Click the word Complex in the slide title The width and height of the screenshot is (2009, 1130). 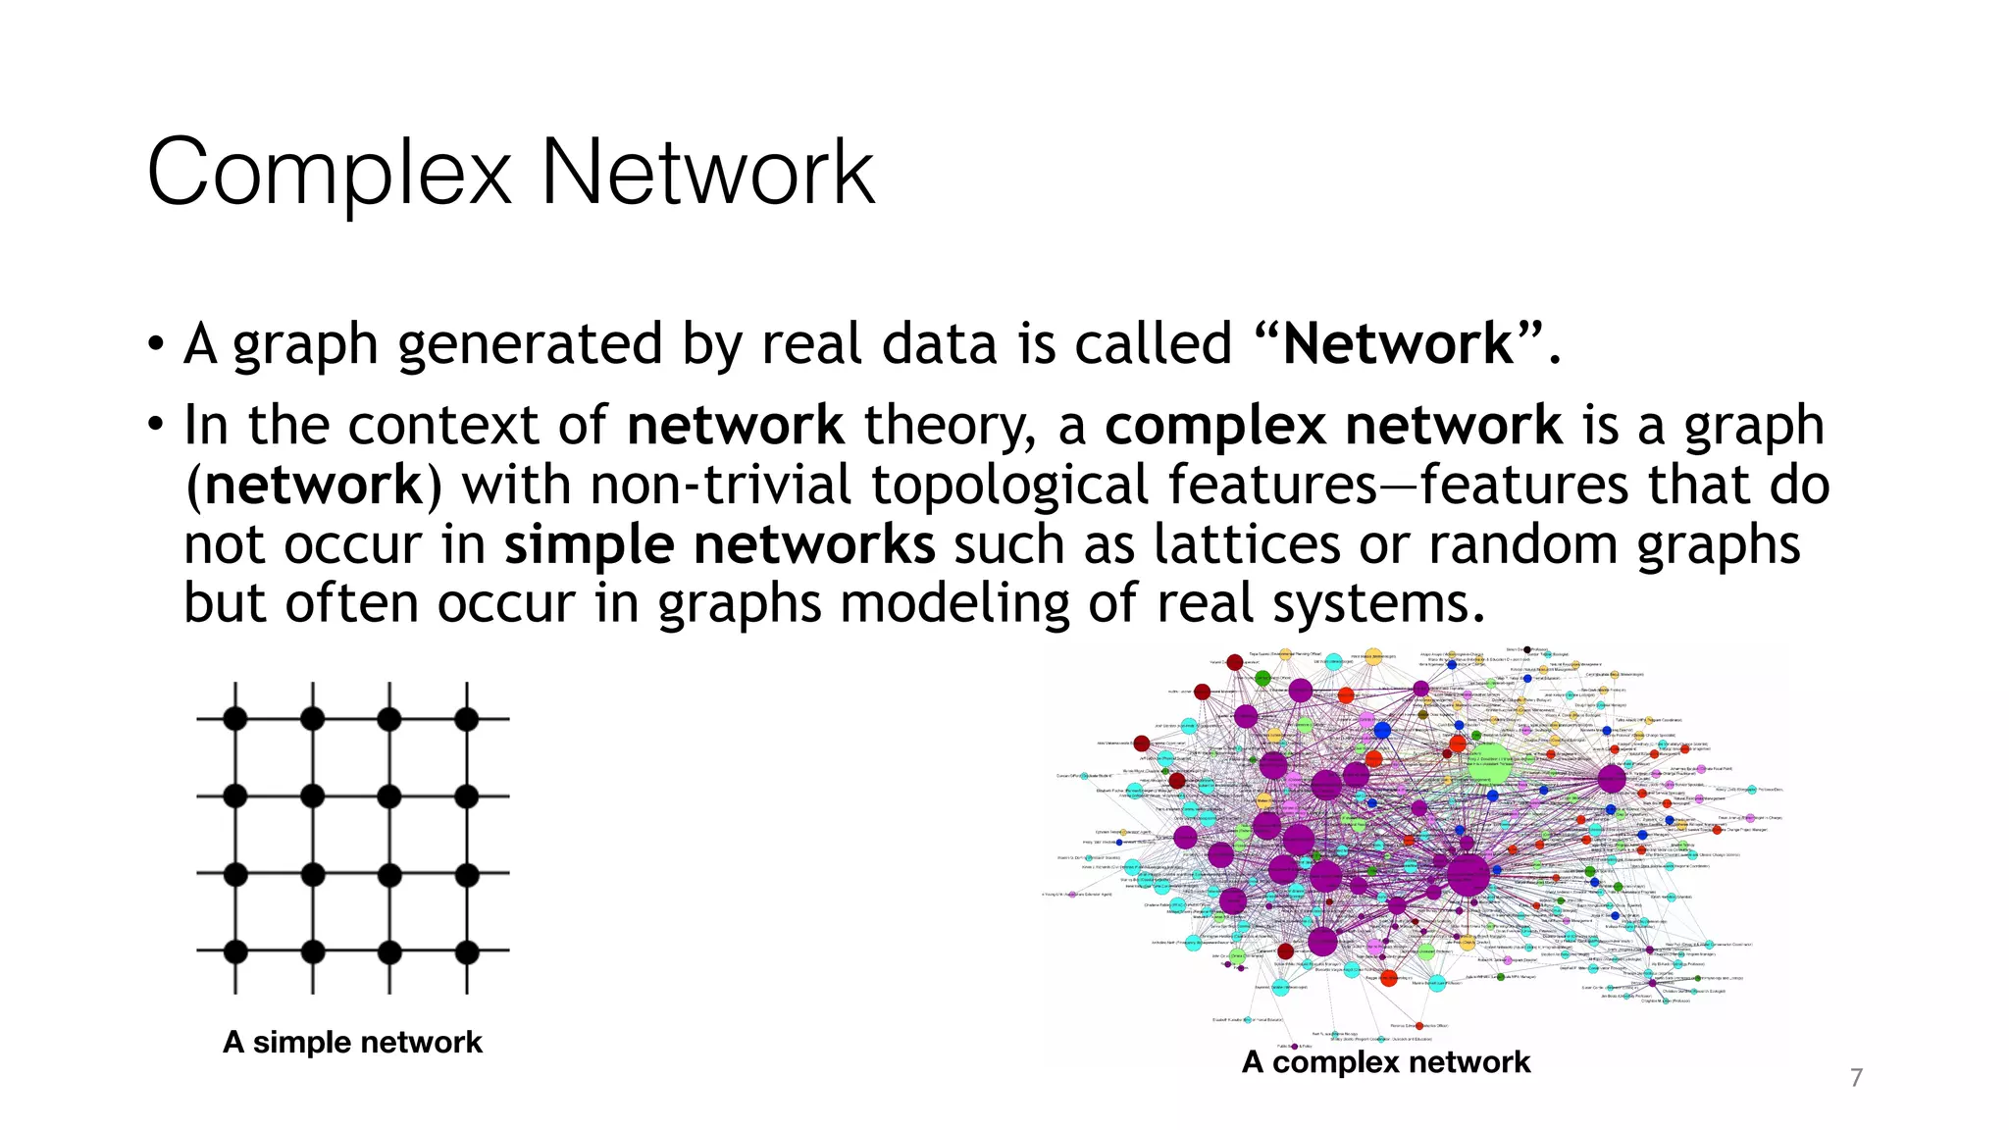(x=329, y=174)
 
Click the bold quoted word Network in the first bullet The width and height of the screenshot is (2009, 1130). (x=1398, y=344)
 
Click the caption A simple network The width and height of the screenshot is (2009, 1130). (x=352, y=1042)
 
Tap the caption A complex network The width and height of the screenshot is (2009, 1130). (x=1385, y=1061)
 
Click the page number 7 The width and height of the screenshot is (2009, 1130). (x=1855, y=1078)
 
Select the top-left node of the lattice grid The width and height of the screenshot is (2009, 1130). (x=235, y=719)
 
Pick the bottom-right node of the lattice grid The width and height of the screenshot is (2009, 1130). (x=467, y=951)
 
